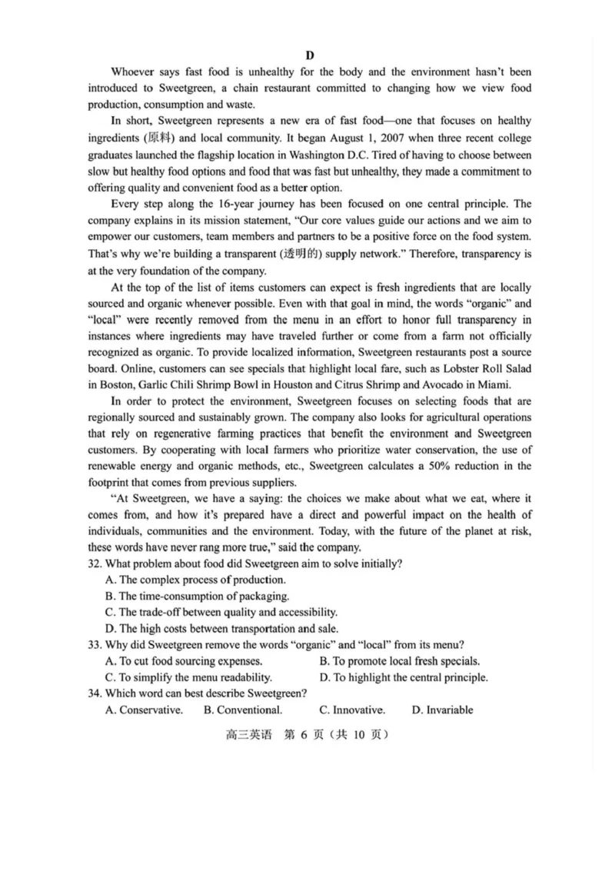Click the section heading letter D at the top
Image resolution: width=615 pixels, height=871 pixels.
click(x=309, y=55)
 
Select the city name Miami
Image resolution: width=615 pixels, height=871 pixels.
click(x=491, y=385)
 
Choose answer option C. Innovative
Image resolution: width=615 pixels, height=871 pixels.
click(x=352, y=710)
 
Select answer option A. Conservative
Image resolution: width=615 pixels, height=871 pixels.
click(x=144, y=710)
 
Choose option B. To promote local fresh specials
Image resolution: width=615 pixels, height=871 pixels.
click(x=400, y=661)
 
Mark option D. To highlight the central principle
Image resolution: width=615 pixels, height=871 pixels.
click(x=404, y=677)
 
